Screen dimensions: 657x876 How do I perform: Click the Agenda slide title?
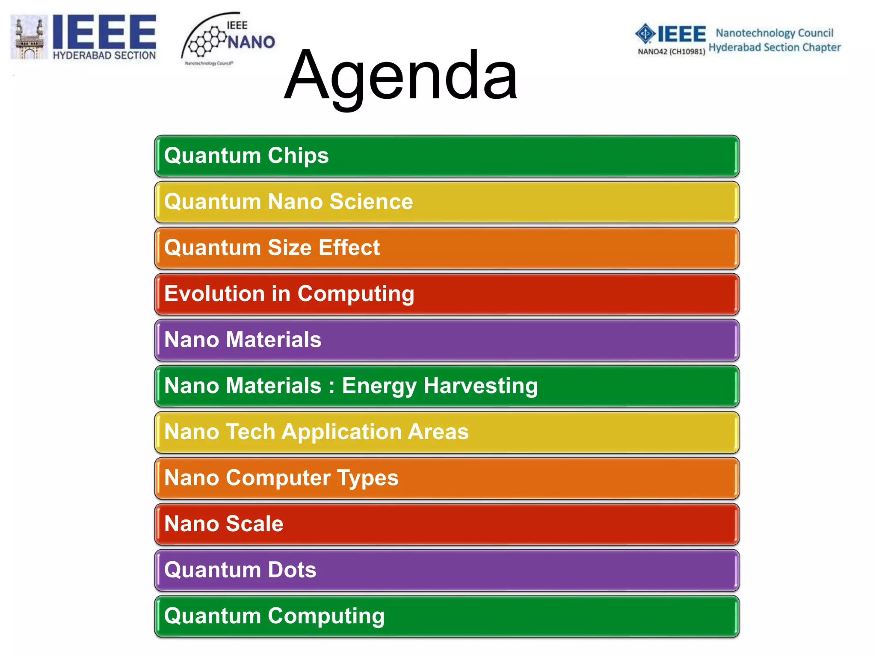pos(401,76)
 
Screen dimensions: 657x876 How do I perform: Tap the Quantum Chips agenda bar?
pos(447,156)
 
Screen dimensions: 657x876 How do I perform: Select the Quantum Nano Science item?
pos(447,202)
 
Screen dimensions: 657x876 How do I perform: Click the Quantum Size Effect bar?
pos(447,248)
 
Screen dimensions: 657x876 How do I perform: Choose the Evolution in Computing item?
pos(447,294)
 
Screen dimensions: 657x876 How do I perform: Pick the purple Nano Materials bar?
pos(447,340)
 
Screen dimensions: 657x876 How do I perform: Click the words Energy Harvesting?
pos(440,386)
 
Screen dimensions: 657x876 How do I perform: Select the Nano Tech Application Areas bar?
pos(447,432)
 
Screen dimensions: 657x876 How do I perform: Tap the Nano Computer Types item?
pos(447,478)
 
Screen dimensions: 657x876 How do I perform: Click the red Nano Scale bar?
pos(447,524)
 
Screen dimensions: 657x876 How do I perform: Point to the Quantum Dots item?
pos(447,570)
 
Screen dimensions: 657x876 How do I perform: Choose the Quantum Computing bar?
pos(447,616)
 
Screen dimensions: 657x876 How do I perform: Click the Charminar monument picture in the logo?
pos(29,38)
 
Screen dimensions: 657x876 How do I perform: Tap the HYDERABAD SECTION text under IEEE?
pos(104,56)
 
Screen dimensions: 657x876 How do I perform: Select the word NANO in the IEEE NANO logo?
pos(251,42)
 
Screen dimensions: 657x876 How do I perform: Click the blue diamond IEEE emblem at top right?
pos(645,33)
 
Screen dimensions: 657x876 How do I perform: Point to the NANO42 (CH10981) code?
pos(671,52)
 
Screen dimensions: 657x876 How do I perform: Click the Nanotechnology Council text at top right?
pos(774,33)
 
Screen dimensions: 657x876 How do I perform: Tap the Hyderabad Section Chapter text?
pos(774,47)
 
